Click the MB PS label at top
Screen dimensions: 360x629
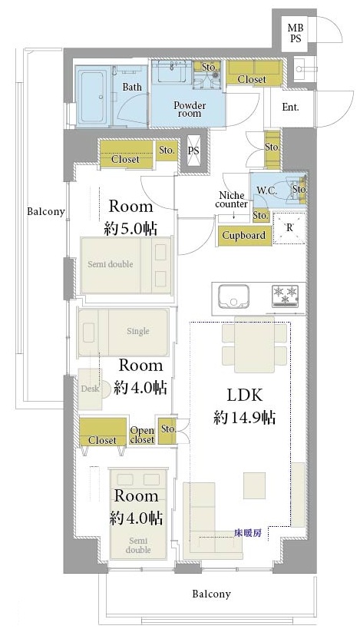point(296,33)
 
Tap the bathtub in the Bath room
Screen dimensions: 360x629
point(93,97)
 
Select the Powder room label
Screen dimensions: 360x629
point(190,109)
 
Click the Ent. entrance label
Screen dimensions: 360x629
point(291,107)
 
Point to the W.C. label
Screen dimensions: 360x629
point(267,190)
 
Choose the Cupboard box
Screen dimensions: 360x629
point(244,236)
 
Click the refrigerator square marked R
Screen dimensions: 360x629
point(289,228)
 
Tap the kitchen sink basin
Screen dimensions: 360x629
point(233,296)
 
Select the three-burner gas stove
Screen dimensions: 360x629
point(286,296)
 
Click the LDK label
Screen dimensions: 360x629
point(245,396)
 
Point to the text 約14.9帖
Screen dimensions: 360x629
point(244,419)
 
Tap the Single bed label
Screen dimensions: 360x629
point(138,331)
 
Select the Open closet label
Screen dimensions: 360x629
point(142,435)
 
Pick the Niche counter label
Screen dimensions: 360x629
point(231,200)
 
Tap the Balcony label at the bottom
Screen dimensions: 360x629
point(211,594)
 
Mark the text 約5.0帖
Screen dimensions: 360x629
point(130,229)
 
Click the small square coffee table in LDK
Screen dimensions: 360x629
point(255,485)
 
